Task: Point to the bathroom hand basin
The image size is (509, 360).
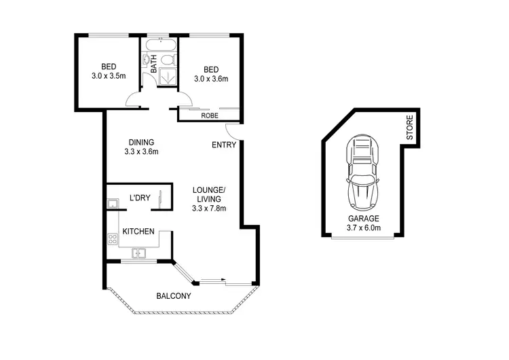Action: pyautogui.click(x=146, y=60)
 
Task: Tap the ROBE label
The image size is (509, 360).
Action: pyautogui.click(x=208, y=115)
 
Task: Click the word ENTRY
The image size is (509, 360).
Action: pyautogui.click(x=223, y=145)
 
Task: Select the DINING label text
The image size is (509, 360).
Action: pyautogui.click(x=141, y=142)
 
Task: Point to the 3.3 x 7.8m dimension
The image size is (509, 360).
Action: pyautogui.click(x=209, y=209)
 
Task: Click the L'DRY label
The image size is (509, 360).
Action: pyautogui.click(x=139, y=198)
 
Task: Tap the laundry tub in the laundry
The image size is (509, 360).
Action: pyautogui.click(x=112, y=203)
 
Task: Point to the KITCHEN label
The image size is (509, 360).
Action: pyautogui.click(x=138, y=232)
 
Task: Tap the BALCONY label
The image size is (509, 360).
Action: pyautogui.click(x=173, y=296)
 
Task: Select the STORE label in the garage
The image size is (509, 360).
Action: pyautogui.click(x=410, y=129)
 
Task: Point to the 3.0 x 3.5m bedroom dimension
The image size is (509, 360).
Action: pyautogui.click(x=109, y=76)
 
